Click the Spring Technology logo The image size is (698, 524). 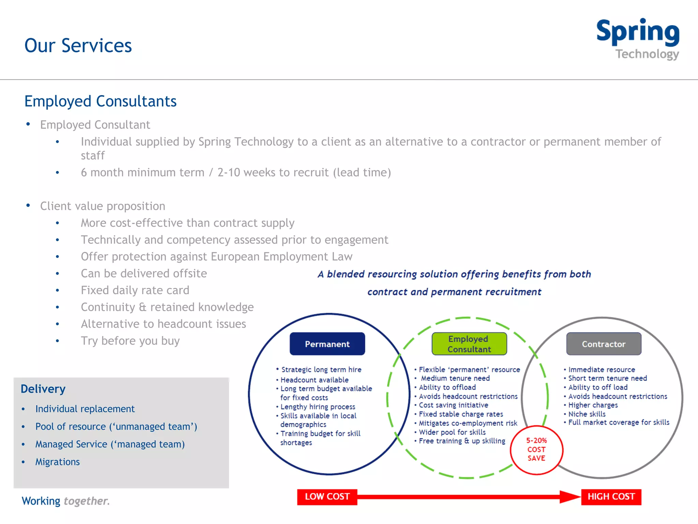(x=637, y=39)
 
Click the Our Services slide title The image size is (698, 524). (x=78, y=45)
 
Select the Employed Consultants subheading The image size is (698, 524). (x=100, y=101)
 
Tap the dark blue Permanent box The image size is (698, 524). (x=327, y=344)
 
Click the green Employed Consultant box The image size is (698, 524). (x=469, y=344)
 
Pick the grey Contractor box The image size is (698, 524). (x=604, y=344)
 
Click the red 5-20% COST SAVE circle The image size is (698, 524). (x=536, y=450)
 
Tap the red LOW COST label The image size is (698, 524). (x=327, y=497)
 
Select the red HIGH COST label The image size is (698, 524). (x=611, y=497)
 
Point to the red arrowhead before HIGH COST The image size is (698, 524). (x=570, y=497)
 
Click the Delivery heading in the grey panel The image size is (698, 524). (x=43, y=389)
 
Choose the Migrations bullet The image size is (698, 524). (x=57, y=462)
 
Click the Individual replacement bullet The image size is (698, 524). (x=85, y=409)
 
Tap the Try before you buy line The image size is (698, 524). (x=130, y=341)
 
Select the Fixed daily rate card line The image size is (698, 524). (x=135, y=290)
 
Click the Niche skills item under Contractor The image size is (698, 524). (x=587, y=414)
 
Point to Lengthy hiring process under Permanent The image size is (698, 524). (x=317, y=407)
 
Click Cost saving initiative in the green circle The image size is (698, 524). (x=453, y=405)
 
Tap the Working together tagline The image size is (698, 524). (x=65, y=501)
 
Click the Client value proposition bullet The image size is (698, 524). (x=102, y=206)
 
